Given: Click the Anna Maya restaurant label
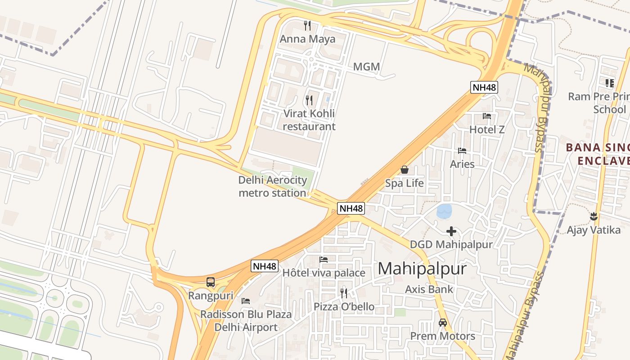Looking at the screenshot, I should [x=307, y=39].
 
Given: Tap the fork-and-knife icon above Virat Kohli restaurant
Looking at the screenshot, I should [x=309, y=100].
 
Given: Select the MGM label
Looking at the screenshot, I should [x=366, y=67].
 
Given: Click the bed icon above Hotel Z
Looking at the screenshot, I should [x=487, y=116].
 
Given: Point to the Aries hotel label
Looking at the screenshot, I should [x=462, y=164].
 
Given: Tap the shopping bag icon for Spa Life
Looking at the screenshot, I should [x=405, y=170].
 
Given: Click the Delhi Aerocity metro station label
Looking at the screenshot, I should [x=272, y=186].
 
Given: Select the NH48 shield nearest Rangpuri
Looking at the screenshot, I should [x=264, y=266].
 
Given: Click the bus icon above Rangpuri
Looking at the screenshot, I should [x=211, y=282].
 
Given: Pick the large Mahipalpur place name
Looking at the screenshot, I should [x=422, y=269].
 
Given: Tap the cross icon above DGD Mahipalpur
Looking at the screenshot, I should [x=451, y=231].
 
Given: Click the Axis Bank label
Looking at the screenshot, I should [x=429, y=289].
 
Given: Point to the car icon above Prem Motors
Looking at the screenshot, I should [x=443, y=323].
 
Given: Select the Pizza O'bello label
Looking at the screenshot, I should [x=344, y=307].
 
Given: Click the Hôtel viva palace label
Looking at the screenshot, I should [x=324, y=273].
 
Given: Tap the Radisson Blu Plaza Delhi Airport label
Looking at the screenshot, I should [x=246, y=320].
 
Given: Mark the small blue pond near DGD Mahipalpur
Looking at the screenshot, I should [x=444, y=211].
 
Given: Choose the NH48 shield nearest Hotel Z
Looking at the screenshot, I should [x=484, y=87].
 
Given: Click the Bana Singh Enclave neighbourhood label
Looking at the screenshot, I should [x=598, y=154].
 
